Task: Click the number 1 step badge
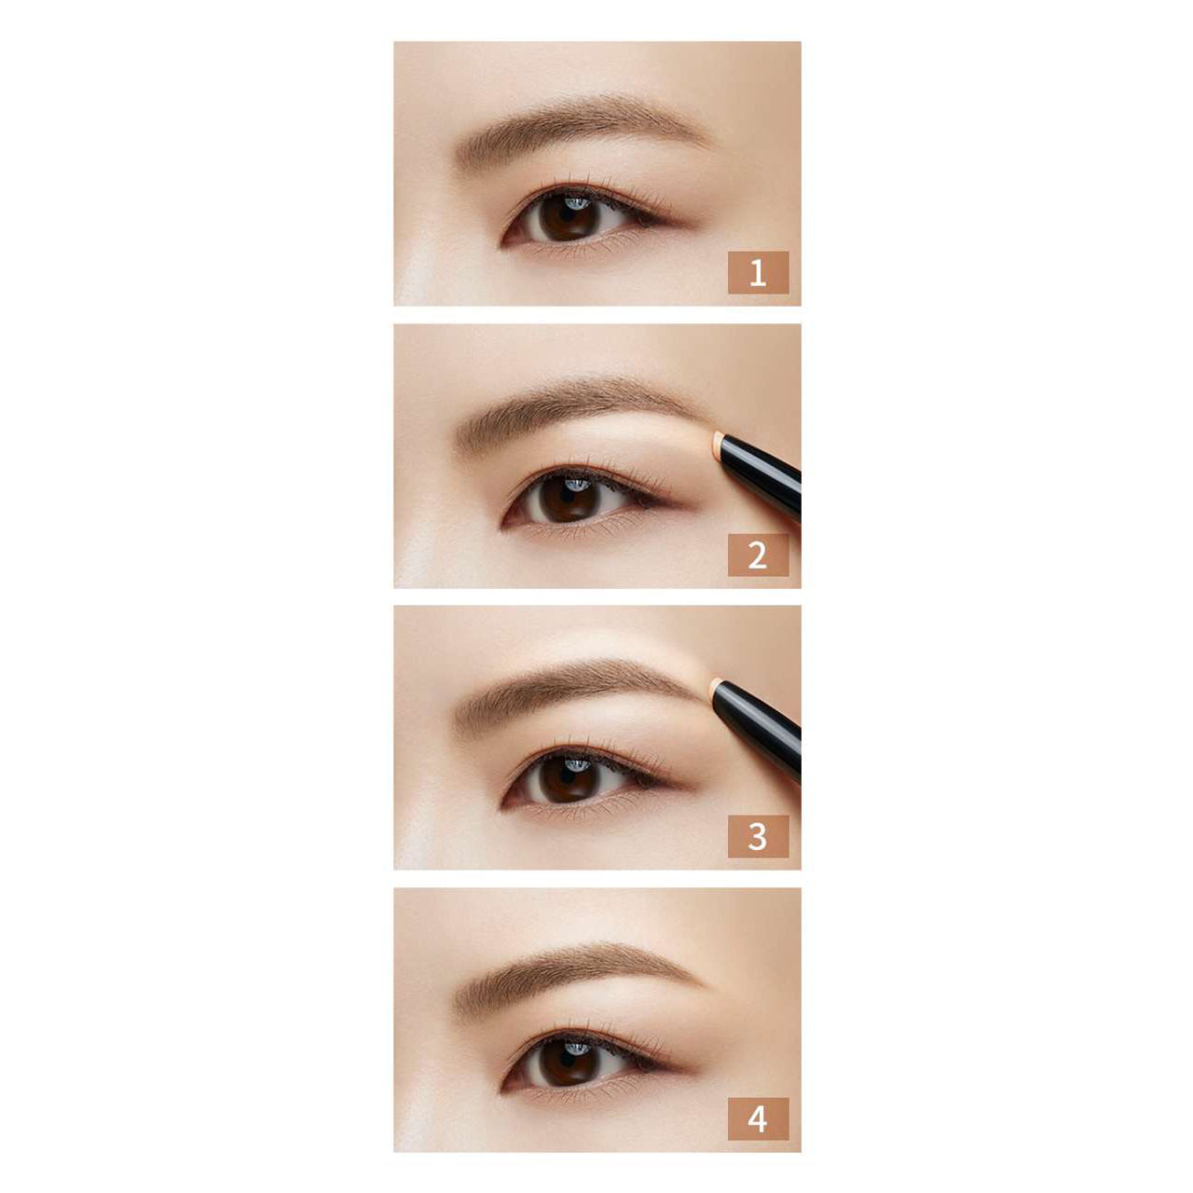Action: [x=758, y=272]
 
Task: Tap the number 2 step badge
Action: [x=758, y=555]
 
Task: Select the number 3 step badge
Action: [x=758, y=836]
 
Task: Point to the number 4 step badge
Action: [x=758, y=1118]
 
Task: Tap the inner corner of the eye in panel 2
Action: [x=504, y=523]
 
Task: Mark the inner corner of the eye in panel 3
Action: [x=504, y=804]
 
